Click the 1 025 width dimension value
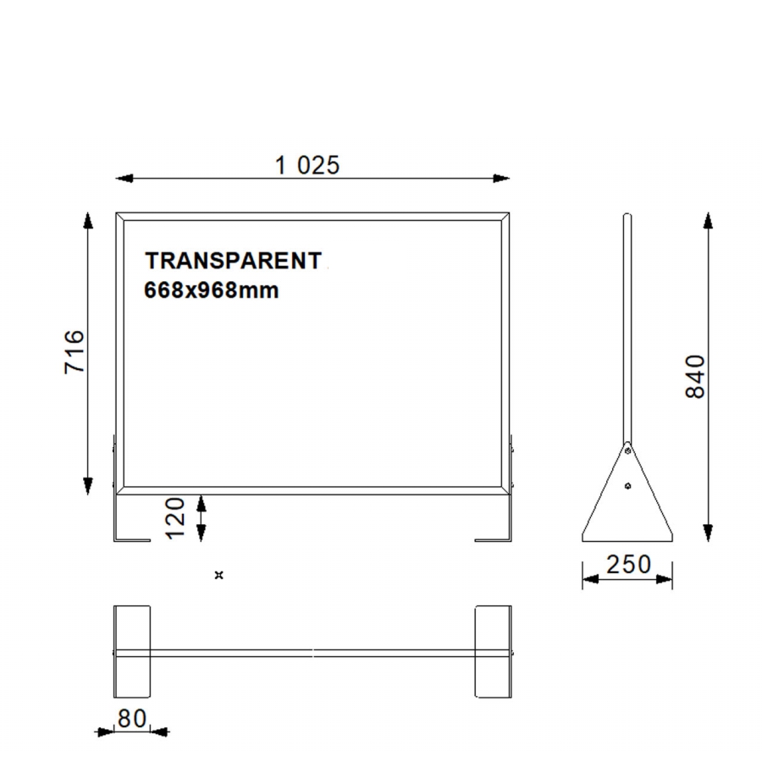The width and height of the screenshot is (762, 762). (307, 165)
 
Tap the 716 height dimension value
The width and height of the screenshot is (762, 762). (75, 352)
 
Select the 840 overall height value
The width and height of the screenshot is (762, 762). (695, 377)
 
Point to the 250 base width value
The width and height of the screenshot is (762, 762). (628, 564)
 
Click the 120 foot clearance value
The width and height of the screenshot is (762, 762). (176, 518)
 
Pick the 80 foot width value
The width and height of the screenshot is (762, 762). (132, 718)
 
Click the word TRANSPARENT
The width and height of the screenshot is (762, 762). (234, 261)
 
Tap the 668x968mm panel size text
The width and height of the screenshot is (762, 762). (212, 290)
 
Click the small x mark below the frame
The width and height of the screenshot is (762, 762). (218, 576)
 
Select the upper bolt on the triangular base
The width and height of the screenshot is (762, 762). (627, 451)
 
